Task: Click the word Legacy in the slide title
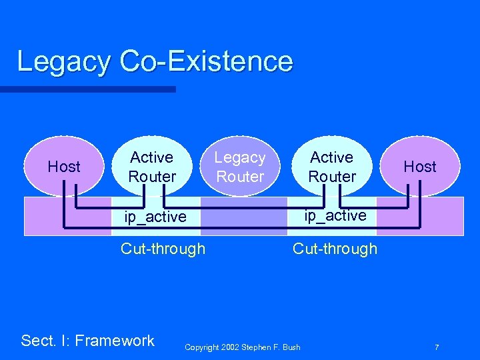click(x=64, y=61)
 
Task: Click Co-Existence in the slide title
click(x=207, y=61)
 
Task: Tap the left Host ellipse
click(x=64, y=166)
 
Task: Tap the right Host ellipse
click(x=420, y=166)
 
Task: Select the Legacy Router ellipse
click(x=240, y=167)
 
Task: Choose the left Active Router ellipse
click(x=152, y=167)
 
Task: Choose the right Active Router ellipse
click(x=332, y=167)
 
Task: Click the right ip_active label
click(x=335, y=215)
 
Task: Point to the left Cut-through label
click(x=163, y=249)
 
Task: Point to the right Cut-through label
click(x=335, y=249)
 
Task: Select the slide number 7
click(x=436, y=347)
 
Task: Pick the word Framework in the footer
click(x=115, y=341)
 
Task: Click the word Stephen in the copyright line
click(x=257, y=347)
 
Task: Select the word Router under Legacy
click(x=240, y=177)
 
